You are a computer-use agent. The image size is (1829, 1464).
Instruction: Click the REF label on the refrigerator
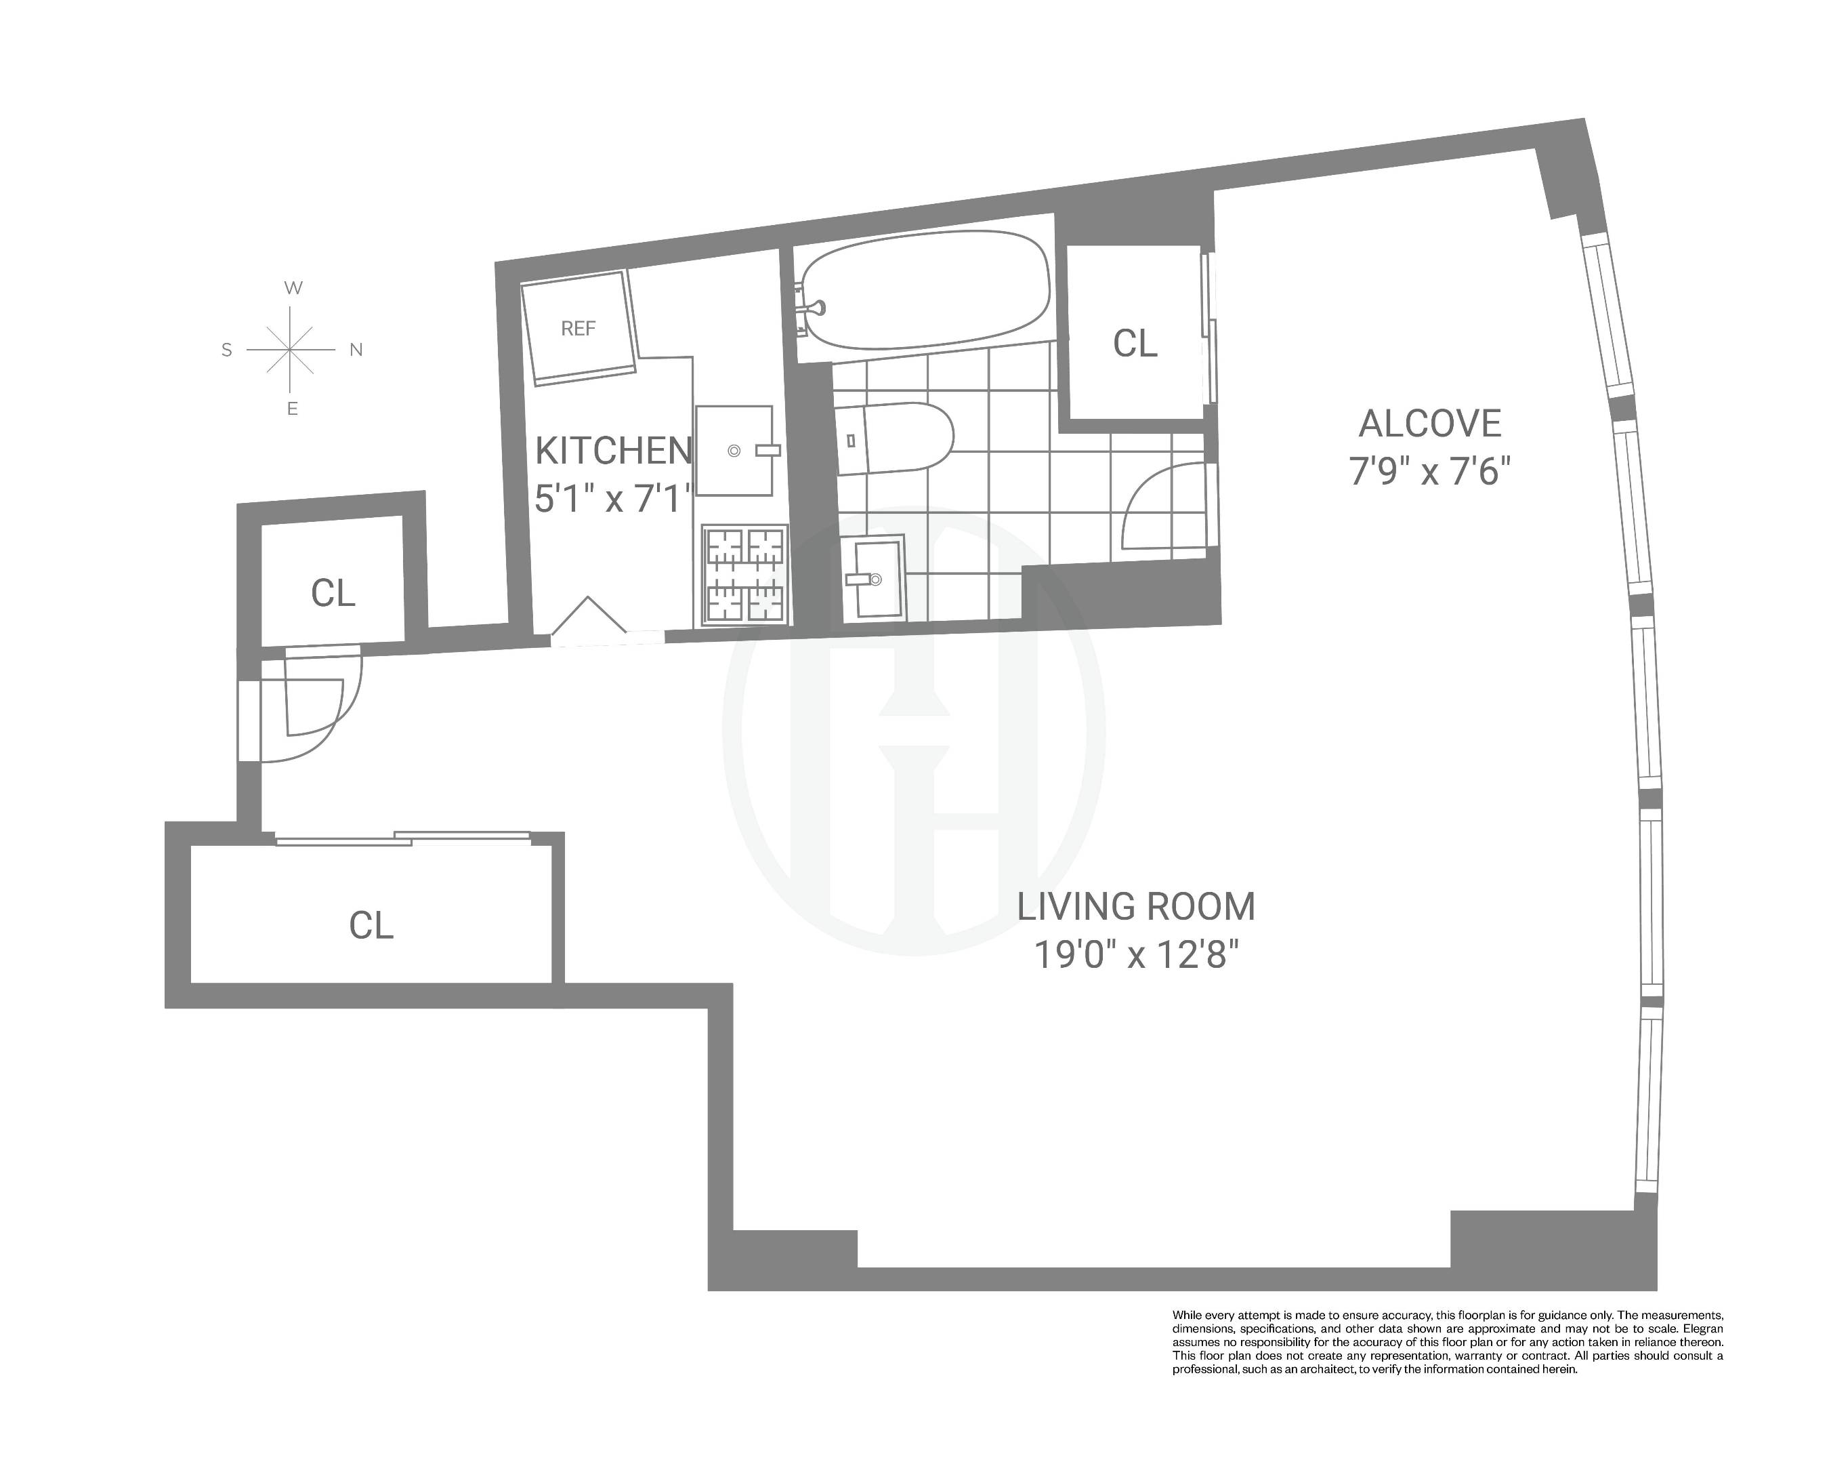click(x=578, y=329)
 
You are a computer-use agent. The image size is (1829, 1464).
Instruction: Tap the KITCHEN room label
click(x=613, y=451)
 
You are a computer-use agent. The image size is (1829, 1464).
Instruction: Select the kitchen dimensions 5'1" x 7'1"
click(x=613, y=498)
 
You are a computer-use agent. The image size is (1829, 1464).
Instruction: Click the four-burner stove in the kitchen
click(x=744, y=575)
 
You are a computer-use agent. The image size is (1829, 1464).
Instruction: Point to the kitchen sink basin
click(x=734, y=451)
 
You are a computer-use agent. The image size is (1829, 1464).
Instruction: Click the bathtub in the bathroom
click(x=925, y=289)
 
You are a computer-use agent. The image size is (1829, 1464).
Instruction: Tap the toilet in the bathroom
click(x=895, y=438)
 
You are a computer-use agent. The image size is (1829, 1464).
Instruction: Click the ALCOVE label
click(x=1429, y=424)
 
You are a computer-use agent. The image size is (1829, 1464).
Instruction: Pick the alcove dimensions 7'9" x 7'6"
click(x=1429, y=471)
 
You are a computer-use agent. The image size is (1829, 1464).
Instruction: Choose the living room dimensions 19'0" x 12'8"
click(x=1135, y=956)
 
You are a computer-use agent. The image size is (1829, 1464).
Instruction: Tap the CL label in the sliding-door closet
click(x=371, y=925)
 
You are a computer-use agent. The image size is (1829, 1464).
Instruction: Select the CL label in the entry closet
click(x=332, y=593)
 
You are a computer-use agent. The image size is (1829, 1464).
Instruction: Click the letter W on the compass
click(x=293, y=287)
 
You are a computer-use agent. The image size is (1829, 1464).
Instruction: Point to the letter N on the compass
click(x=356, y=350)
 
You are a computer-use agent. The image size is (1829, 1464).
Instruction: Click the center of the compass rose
click(x=291, y=350)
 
